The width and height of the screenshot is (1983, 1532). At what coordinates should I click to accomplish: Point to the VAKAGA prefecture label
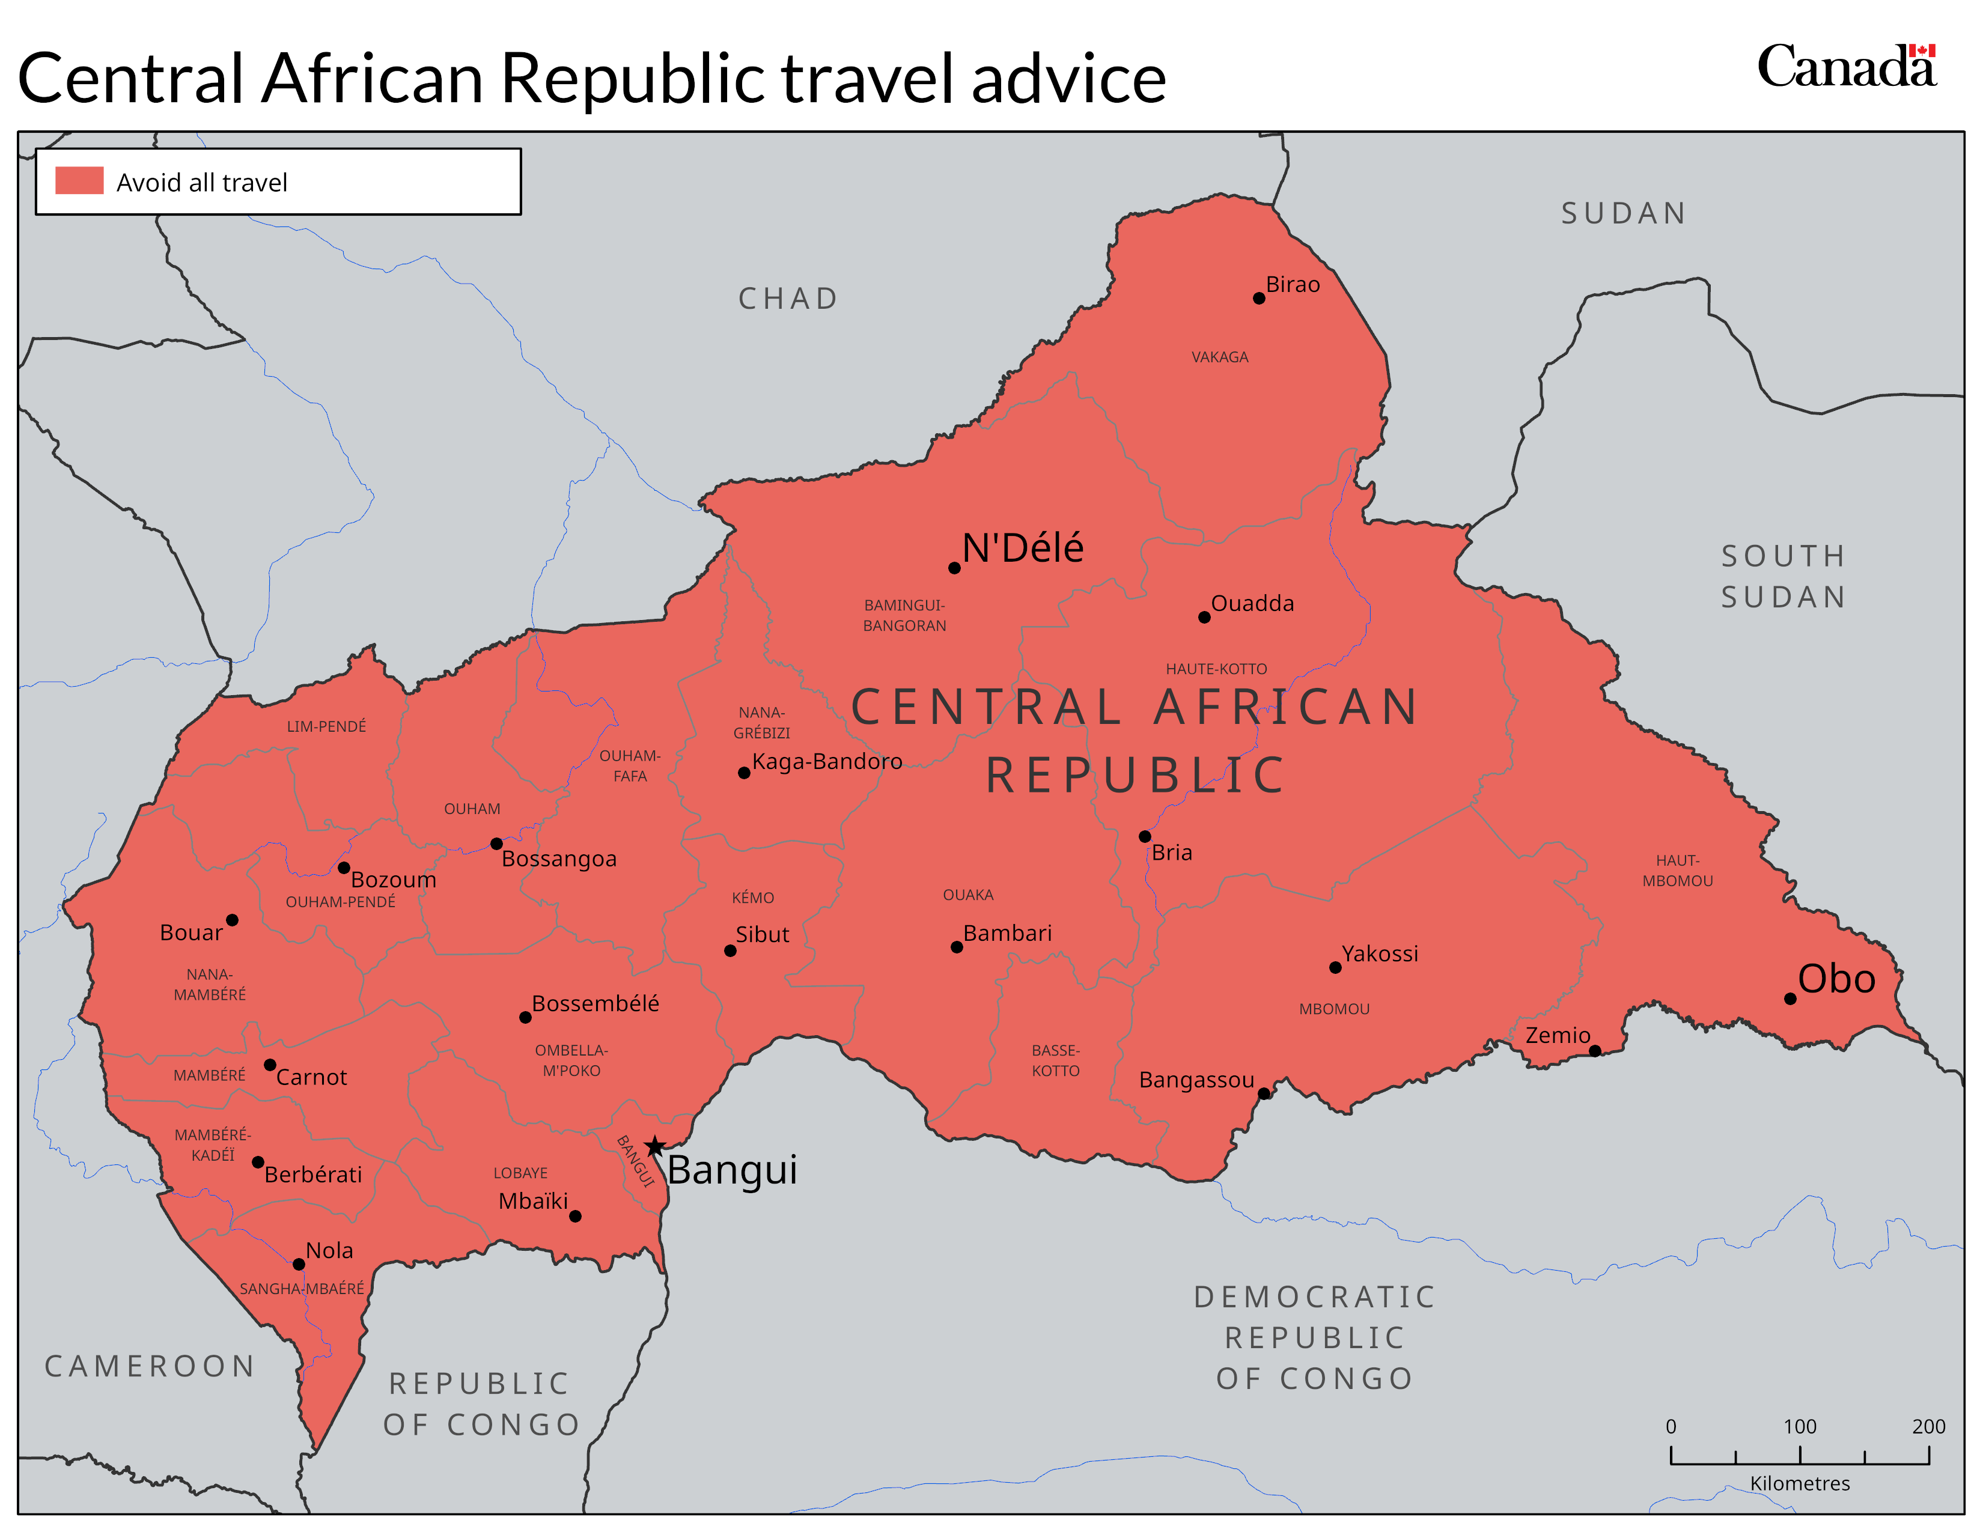[x=1219, y=357]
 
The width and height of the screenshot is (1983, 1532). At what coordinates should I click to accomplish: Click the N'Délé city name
[x=1022, y=548]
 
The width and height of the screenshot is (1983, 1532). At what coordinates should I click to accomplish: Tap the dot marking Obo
[x=1790, y=999]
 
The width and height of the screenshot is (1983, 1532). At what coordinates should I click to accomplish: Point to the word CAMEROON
[x=150, y=1366]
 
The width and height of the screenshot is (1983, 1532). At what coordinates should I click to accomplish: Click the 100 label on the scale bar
[x=1800, y=1426]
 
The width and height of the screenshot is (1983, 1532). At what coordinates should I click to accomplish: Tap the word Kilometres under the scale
[x=1800, y=1483]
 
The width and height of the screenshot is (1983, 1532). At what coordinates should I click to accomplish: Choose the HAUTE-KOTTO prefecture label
[x=1216, y=669]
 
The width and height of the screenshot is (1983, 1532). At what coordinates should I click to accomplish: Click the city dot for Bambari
[x=956, y=947]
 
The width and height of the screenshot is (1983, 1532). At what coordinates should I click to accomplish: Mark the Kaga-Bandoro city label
[x=826, y=761]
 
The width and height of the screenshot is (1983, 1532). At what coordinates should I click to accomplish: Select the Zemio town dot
[x=1594, y=1051]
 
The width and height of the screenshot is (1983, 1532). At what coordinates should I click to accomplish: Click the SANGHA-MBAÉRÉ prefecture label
[x=302, y=1289]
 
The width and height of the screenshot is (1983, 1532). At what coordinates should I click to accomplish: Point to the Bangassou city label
[x=1196, y=1080]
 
